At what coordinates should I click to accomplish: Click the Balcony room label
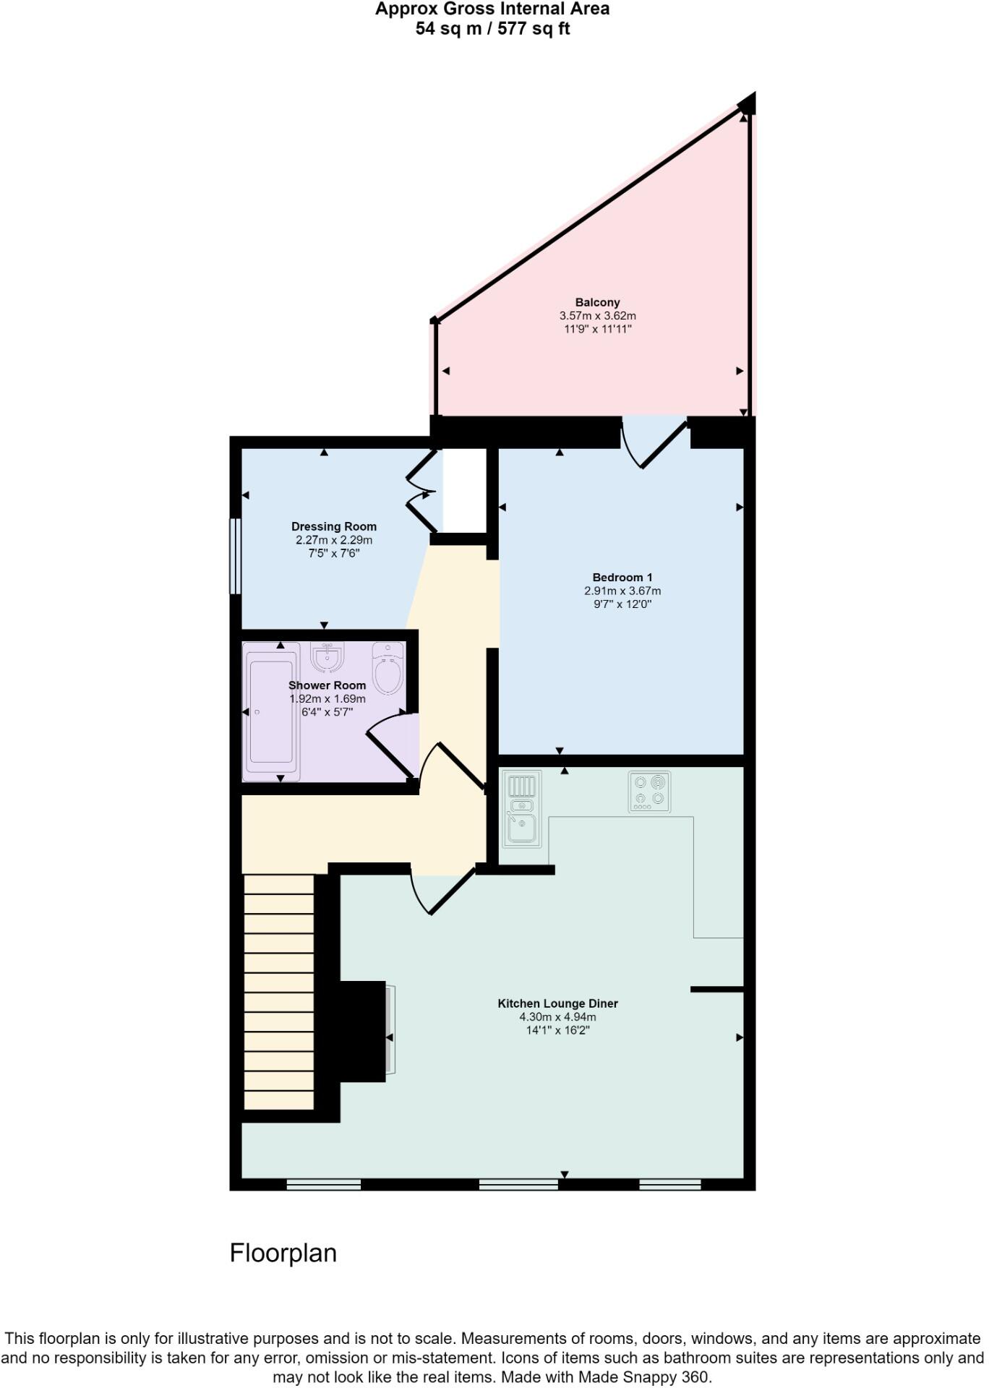(597, 302)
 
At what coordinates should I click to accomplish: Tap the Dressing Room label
(333, 526)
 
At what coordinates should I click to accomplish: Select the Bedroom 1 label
(622, 577)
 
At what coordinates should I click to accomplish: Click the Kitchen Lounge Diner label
(557, 1003)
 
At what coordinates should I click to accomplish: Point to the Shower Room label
(327, 685)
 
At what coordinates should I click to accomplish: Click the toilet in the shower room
(388, 669)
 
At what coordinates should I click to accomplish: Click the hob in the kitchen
(649, 791)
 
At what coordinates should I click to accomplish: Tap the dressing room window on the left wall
(235, 556)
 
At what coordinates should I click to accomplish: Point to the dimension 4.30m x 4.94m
(557, 1016)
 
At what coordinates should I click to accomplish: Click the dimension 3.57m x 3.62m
(597, 316)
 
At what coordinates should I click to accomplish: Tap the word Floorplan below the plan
(283, 1253)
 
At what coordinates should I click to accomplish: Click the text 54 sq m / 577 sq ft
(492, 29)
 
